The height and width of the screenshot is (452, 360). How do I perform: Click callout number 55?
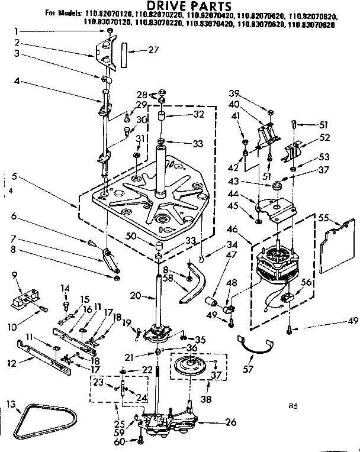323,217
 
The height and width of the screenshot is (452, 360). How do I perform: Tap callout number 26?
231,422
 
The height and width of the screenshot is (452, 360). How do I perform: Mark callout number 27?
154,50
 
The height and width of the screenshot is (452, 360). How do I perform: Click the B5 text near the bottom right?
292,406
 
